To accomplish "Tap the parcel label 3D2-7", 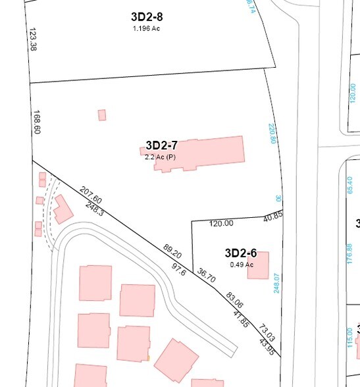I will tap(162, 145).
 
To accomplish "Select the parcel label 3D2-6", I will tap(240, 253).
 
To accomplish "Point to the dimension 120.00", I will tap(221, 223).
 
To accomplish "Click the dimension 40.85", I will tap(272, 215).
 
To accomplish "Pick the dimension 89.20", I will tap(172, 251).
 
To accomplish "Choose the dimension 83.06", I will tap(234, 300).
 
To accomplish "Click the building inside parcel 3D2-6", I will tap(258, 265).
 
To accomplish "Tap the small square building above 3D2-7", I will tap(102, 115).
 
